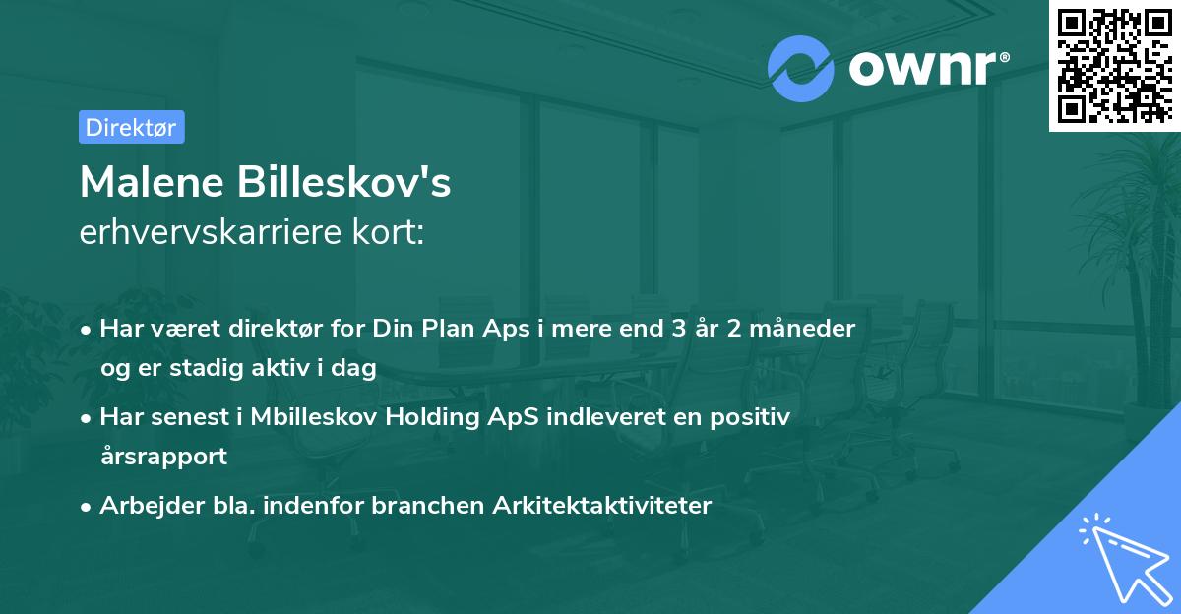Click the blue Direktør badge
tap(131, 127)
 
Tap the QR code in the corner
tap(1114, 65)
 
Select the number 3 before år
tap(678, 328)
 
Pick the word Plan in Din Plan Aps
tap(444, 328)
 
